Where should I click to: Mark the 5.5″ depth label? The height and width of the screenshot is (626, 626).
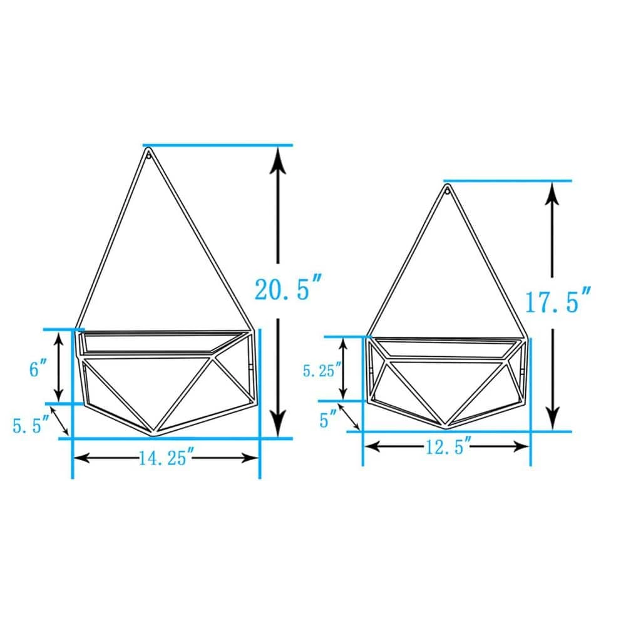tap(31, 425)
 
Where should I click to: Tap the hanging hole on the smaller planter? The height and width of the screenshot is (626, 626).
tap(448, 191)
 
